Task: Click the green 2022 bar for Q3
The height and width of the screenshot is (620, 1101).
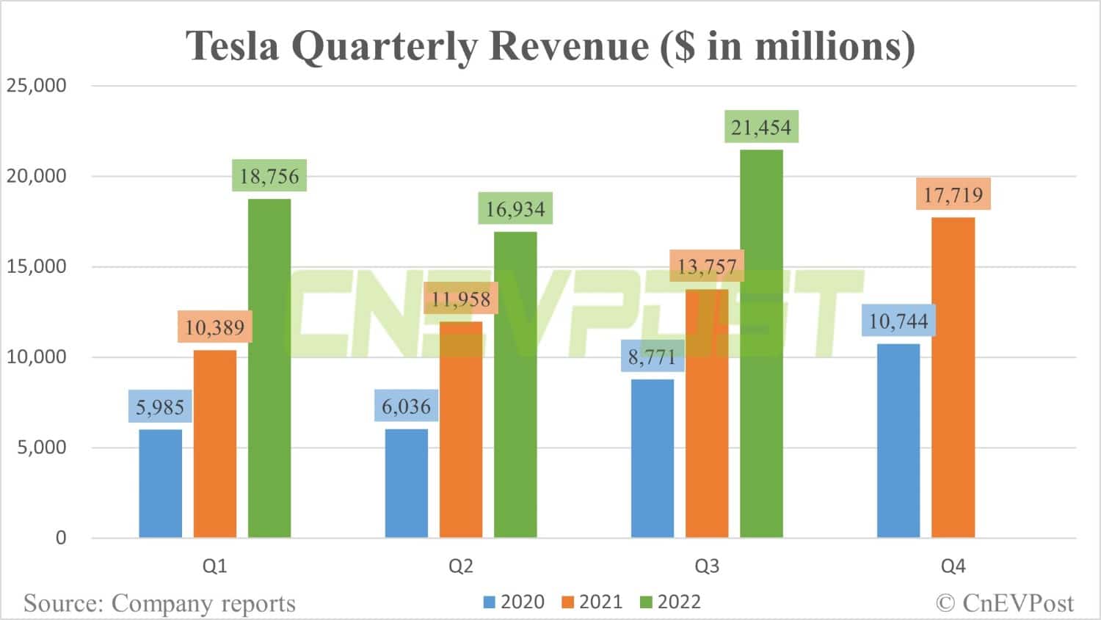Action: (x=761, y=345)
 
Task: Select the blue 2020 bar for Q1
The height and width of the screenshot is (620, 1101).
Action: (x=160, y=484)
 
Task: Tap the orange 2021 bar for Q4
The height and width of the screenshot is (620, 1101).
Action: (x=953, y=378)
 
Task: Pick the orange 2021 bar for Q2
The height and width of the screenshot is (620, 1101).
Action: (x=461, y=429)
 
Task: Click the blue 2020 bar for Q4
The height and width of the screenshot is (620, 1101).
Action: (x=898, y=440)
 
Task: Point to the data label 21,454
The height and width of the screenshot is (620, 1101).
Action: (x=761, y=128)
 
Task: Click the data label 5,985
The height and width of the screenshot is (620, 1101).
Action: (x=160, y=406)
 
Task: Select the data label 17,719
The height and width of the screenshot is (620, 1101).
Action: (x=953, y=194)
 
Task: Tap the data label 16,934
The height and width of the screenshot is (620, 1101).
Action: (x=515, y=209)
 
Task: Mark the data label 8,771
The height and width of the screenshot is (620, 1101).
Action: (x=652, y=357)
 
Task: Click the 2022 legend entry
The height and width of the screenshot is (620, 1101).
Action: (x=671, y=602)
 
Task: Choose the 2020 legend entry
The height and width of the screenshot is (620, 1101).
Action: (x=514, y=602)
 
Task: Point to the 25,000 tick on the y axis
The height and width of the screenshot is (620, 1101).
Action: (x=37, y=86)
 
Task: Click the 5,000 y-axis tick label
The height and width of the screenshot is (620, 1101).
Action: (x=42, y=448)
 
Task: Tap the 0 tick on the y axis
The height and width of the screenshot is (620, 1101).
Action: (x=61, y=538)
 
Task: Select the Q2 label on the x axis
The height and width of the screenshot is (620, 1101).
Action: (x=461, y=566)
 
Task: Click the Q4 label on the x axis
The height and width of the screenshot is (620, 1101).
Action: (x=953, y=566)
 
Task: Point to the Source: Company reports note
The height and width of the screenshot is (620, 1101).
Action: (x=159, y=603)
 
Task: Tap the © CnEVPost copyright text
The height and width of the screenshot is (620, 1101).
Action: (x=1005, y=603)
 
